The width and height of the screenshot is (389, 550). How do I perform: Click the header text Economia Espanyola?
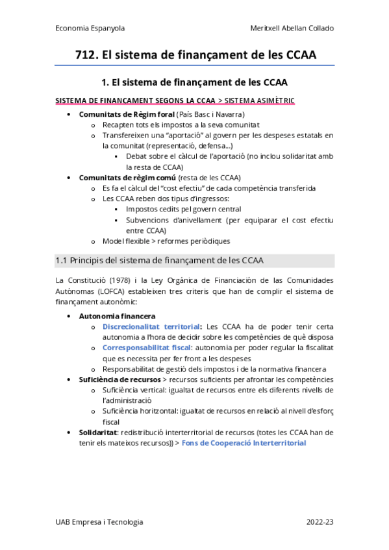[90, 29]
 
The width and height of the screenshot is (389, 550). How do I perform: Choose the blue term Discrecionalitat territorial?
[151, 327]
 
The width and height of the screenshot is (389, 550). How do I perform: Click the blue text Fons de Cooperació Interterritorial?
[244, 443]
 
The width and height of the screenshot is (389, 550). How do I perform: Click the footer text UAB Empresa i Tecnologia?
[99, 522]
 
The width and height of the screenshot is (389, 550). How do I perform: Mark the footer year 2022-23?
[320, 522]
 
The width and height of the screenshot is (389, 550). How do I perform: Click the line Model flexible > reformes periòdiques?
[166, 241]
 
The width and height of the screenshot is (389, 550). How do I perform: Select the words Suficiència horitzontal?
[138, 411]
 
